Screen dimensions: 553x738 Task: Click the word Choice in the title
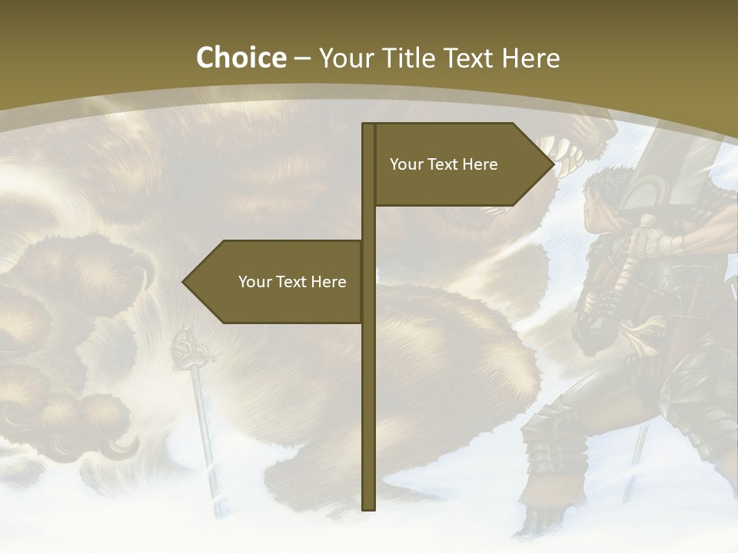(241, 58)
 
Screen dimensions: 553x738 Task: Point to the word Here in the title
(530, 58)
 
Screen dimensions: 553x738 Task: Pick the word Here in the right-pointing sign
(480, 164)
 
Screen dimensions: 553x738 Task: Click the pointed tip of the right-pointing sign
(553, 164)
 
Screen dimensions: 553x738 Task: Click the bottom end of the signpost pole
(368, 507)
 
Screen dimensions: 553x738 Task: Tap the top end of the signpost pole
(368, 126)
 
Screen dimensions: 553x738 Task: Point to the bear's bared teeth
(569, 157)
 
